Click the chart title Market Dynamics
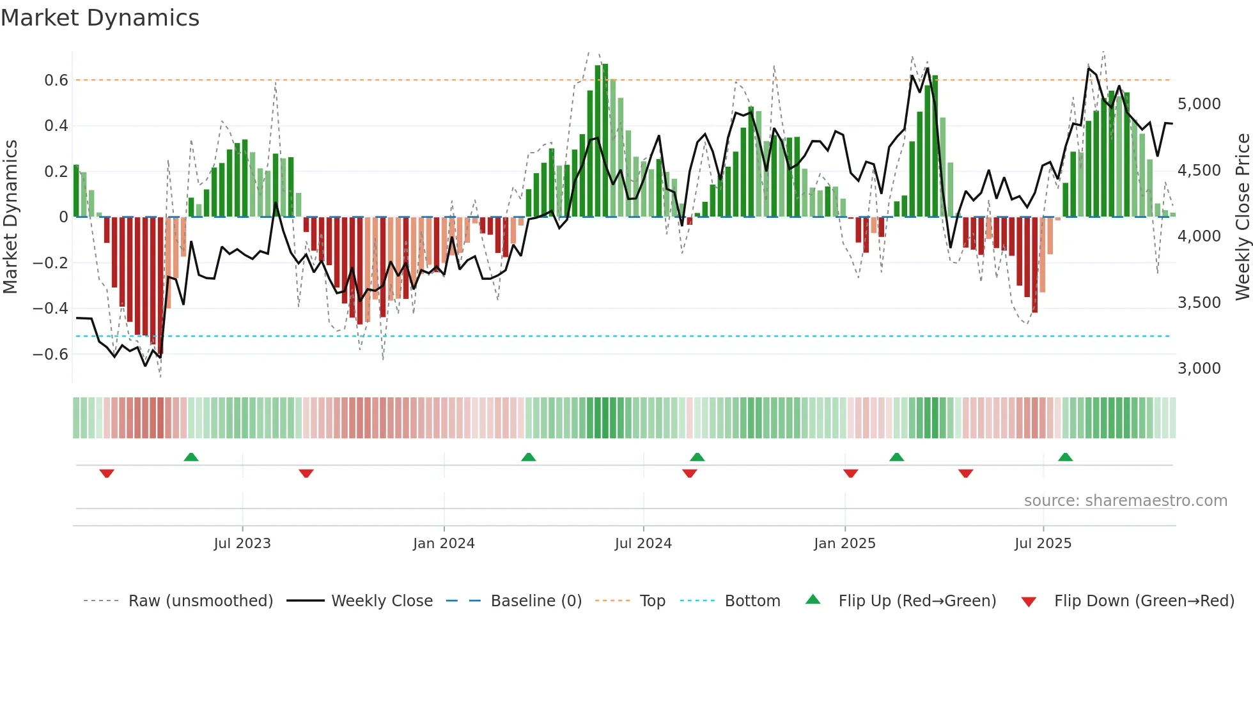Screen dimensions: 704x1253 [100, 18]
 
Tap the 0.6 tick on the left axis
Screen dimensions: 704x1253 [56, 80]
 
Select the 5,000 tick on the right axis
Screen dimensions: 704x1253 [1199, 104]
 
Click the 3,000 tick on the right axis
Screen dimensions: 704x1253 [1199, 369]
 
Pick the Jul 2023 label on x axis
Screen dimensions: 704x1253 [242, 544]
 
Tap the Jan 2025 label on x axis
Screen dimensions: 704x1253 [844, 544]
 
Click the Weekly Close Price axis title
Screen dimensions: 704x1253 [1242, 217]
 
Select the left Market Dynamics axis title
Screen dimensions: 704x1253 [11, 217]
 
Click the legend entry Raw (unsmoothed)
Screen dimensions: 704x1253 [200, 601]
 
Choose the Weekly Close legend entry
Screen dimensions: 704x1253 [382, 601]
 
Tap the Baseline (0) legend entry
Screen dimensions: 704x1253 [536, 601]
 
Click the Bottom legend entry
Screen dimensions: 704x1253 [752, 601]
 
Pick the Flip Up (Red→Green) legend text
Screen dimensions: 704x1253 [917, 601]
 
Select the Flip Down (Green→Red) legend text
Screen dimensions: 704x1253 [1144, 601]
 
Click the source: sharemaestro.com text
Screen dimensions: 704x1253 [1125, 501]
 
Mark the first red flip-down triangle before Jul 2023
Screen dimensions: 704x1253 [107, 473]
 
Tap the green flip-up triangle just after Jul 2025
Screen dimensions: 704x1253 [1065, 457]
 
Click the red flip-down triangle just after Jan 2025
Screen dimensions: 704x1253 [850, 473]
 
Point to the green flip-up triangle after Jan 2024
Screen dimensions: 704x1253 [528, 457]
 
